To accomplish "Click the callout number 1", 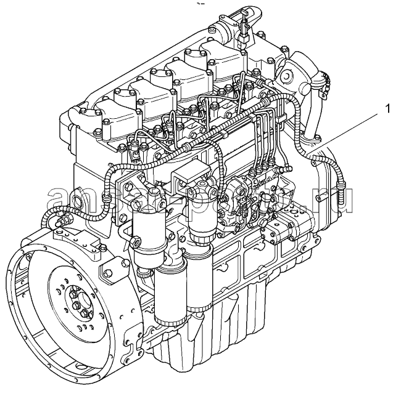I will coord(387,110).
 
